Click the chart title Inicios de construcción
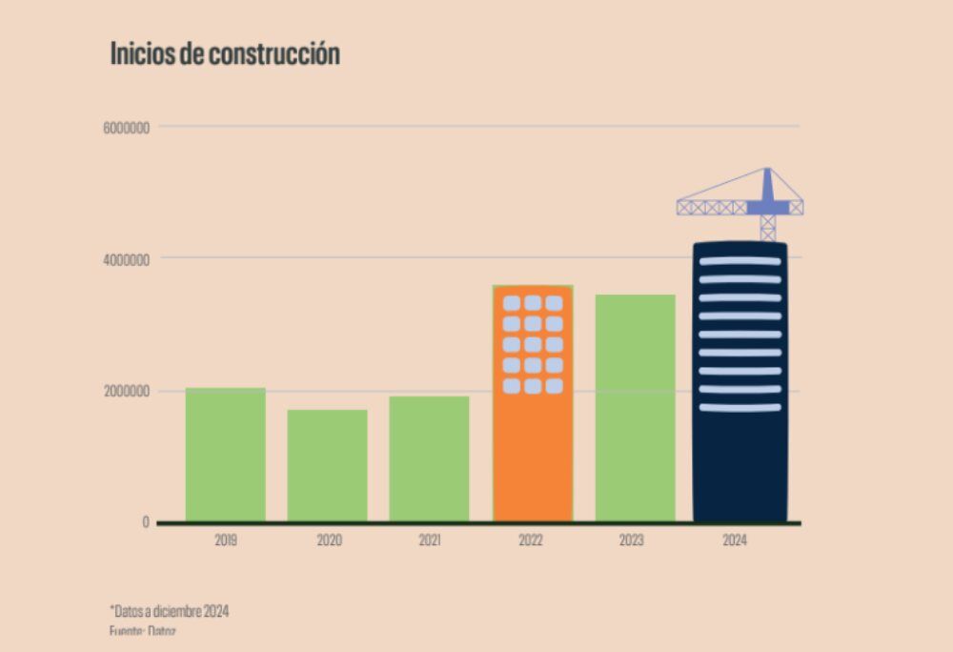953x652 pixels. click(x=225, y=53)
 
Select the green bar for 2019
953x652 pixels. click(x=226, y=455)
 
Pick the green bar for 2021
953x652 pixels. click(x=429, y=458)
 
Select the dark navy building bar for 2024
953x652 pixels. click(x=740, y=458)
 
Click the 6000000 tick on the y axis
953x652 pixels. click(x=126, y=127)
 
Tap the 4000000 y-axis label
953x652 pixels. click(x=126, y=259)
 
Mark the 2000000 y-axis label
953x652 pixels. click(x=126, y=392)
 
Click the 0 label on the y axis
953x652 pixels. click(x=146, y=522)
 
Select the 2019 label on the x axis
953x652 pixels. click(x=226, y=540)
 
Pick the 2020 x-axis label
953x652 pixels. click(x=329, y=540)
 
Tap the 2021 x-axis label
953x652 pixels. click(x=430, y=540)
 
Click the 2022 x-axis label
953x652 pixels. click(x=531, y=540)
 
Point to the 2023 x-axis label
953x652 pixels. click(x=632, y=540)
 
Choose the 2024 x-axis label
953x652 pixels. click(x=735, y=540)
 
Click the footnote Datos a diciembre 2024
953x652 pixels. click(x=170, y=611)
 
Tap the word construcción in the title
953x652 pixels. click(x=282, y=54)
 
